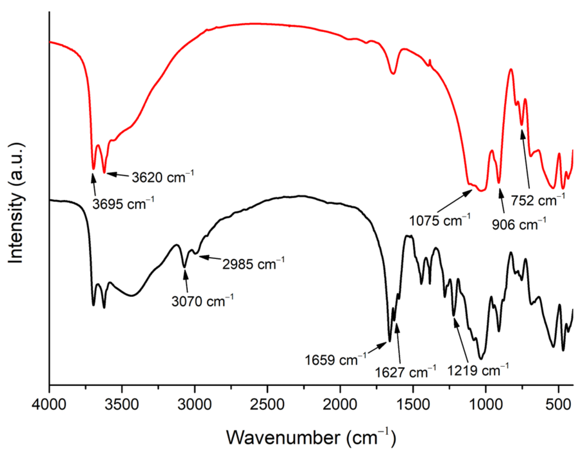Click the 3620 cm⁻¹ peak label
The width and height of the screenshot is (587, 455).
pyautogui.click(x=163, y=177)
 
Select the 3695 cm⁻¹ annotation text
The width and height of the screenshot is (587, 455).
pyautogui.click(x=123, y=204)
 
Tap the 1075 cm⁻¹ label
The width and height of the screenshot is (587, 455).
pyautogui.click(x=439, y=221)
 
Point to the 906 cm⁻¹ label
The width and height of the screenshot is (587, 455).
pyautogui.click(x=519, y=224)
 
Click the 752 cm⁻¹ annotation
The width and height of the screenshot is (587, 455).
pyautogui.click(x=538, y=200)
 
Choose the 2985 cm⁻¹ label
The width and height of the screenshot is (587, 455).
pyautogui.click(x=253, y=264)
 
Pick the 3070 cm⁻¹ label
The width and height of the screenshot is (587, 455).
pyautogui.click(x=202, y=301)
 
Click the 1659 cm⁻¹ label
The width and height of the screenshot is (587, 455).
pyautogui.click(x=335, y=360)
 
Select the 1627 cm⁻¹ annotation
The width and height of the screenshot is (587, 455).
pyautogui.click(x=405, y=372)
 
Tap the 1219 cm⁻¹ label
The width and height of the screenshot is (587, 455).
pyautogui.click(x=478, y=370)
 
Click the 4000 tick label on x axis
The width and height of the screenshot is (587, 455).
pyautogui.click(x=49, y=405)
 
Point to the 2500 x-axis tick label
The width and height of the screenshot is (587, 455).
pyautogui.click(x=267, y=405)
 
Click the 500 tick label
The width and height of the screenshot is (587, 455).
pyautogui.click(x=558, y=405)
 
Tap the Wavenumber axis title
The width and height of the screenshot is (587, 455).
pyautogui.click(x=311, y=437)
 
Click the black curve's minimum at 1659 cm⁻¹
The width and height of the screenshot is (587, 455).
pyautogui.click(x=390, y=341)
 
